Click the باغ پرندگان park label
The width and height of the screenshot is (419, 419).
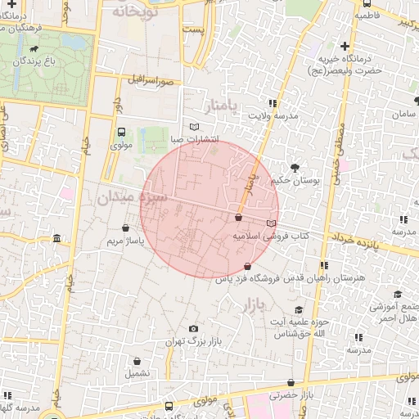coord(50,61)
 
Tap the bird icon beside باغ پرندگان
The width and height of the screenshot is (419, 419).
coord(32,60)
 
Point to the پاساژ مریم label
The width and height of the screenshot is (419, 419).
coord(125,242)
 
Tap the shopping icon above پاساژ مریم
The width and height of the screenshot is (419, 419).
coord(125,228)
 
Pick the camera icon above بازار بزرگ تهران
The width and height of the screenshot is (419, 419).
coord(193,329)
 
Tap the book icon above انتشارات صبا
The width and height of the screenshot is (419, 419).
coord(194,126)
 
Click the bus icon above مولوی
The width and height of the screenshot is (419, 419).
coord(122,132)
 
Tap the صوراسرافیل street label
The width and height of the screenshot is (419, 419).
coord(151,81)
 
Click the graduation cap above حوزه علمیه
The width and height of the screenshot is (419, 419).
coord(299,309)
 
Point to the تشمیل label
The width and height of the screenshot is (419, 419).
coord(137,372)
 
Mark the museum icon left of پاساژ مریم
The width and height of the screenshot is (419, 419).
coord(56,239)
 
